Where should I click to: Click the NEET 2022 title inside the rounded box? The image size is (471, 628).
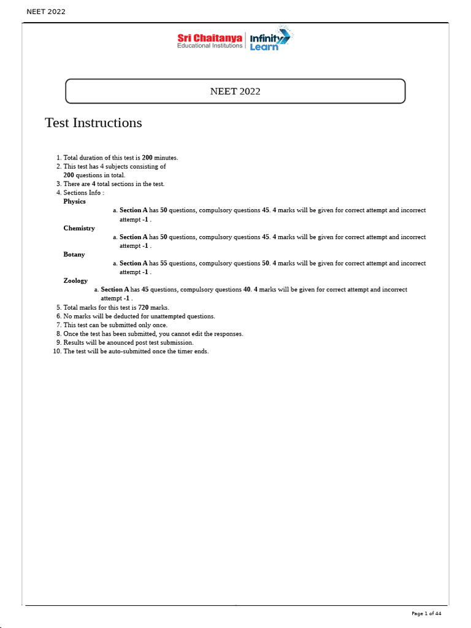pyautogui.click(x=235, y=91)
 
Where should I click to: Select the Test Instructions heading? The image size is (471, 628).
pyautogui.click(x=93, y=123)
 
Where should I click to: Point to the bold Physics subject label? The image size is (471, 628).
pyautogui.click(x=75, y=201)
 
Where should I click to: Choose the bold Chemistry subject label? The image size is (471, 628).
pyautogui.click(x=79, y=228)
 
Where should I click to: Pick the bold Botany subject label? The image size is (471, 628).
pyautogui.click(x=74, y=255)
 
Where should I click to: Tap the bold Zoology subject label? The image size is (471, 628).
pyautogui.click(x=75, y=281)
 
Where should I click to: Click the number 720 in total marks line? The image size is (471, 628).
pyautogui.click(x=144, y=307)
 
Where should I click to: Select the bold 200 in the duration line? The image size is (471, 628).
pyautogui.click(x=147, y=158)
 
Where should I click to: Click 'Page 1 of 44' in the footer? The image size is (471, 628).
pyautogui.click(x=426, y=613)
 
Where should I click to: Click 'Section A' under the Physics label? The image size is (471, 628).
pyautogui.click(x=134, y=210)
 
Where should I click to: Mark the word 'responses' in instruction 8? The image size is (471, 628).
pyautogui.click(x=229, y=334)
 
